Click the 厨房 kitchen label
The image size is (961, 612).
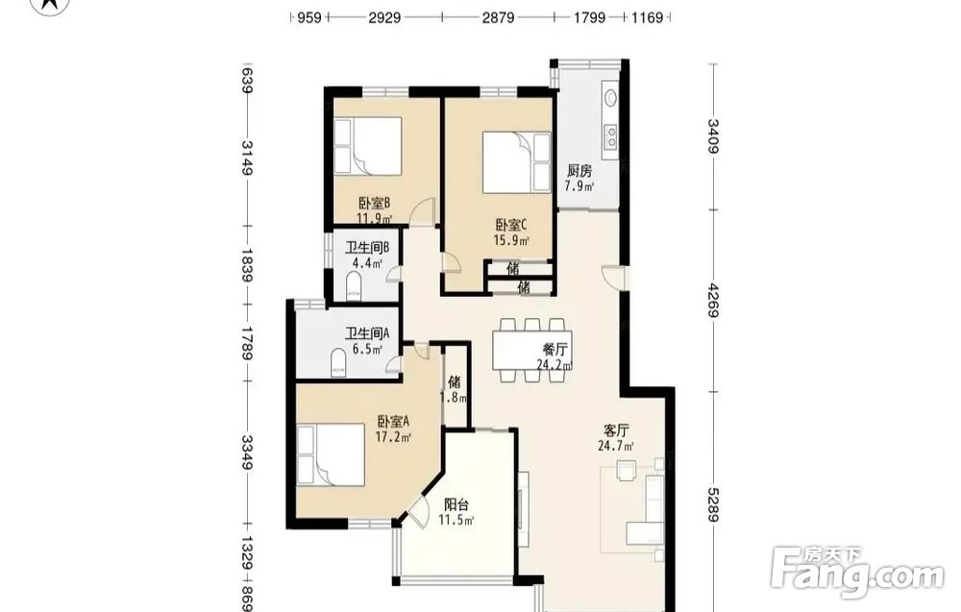coord(579,170)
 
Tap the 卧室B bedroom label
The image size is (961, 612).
coord(375,203)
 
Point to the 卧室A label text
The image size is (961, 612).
coord(393,422)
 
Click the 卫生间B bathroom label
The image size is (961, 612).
coord(367,248)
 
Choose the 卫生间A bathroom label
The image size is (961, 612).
coord(367,334)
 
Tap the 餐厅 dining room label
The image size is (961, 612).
coord(554,350)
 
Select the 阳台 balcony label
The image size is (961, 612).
coord(456,505)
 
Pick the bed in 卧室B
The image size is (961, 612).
coord(368,146)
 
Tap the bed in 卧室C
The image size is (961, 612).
coord(517,162)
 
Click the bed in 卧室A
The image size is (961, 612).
coord(331,455)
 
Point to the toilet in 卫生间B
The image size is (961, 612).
coord(354,287)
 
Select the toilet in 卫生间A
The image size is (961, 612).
coord(338,362)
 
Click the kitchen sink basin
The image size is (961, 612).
coord(611,97)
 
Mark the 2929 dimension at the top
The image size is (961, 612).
coord(385,17)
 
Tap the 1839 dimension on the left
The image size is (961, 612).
coord(247,264)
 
